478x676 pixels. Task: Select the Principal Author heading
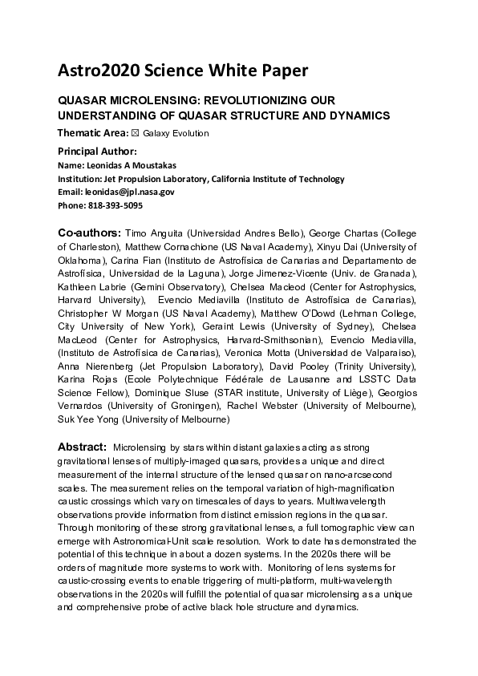(x=97, y=151)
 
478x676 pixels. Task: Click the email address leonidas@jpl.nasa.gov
(x=129, y=192)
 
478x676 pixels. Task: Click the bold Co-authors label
(x=89, y=233)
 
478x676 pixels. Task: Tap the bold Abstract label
(x=82, y=446)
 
